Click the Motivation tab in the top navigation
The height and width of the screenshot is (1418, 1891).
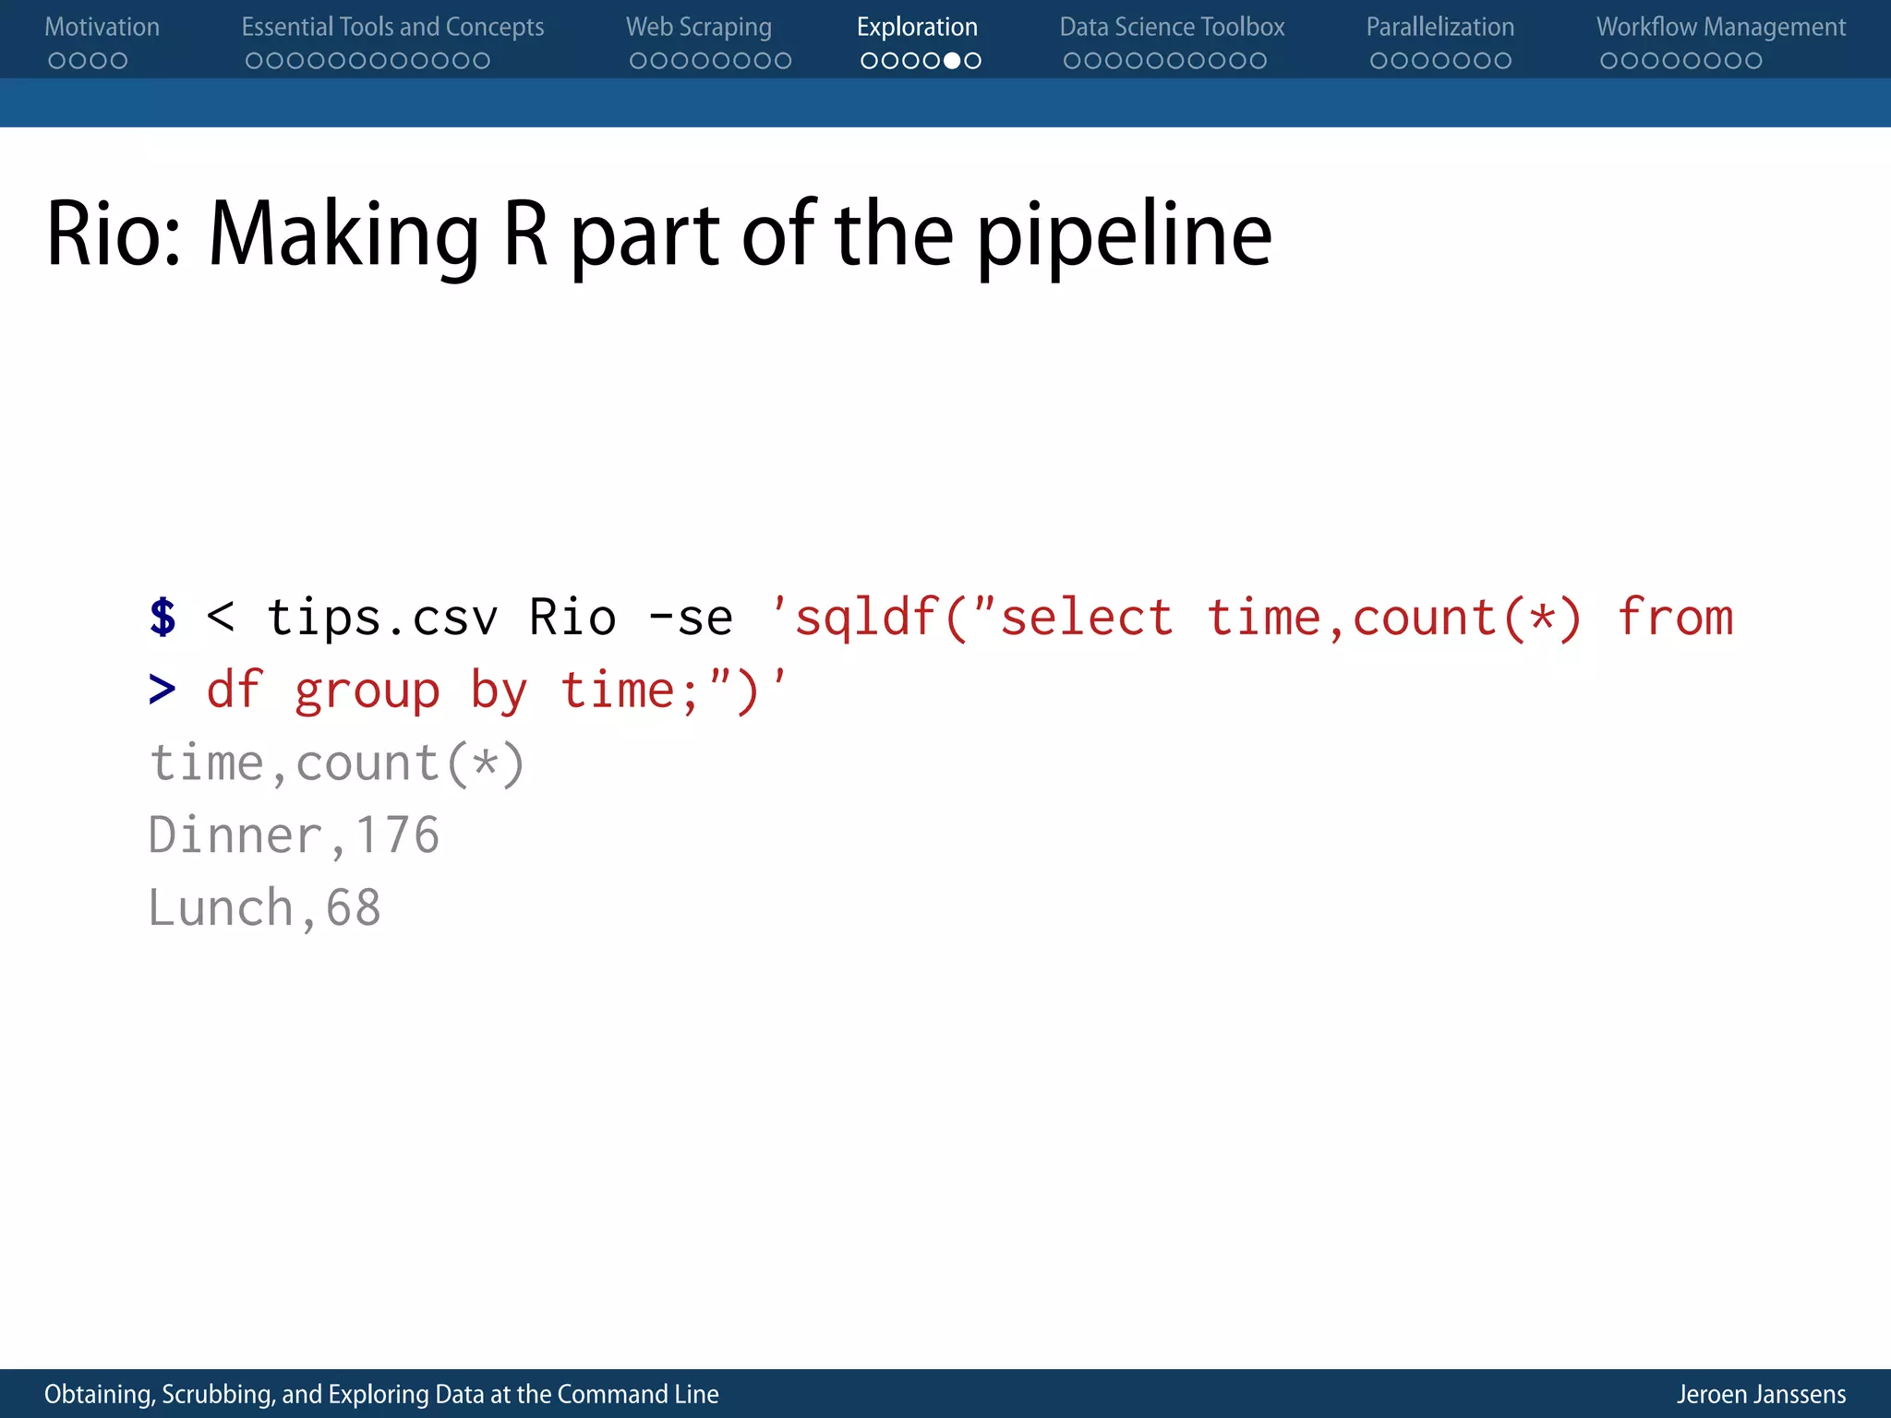(102, 27)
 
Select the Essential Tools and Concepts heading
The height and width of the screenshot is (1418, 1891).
(392, 27)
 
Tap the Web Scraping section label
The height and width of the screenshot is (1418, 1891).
(698, 27)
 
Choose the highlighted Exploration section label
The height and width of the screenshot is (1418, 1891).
(917, 27)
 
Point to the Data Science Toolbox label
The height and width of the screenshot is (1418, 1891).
(1172, 27)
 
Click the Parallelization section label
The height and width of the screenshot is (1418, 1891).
(1439, 27)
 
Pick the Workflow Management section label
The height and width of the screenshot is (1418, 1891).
(1721, 27)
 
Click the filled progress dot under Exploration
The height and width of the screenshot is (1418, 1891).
(952, 61)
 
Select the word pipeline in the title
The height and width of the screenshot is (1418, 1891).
(1124, 236)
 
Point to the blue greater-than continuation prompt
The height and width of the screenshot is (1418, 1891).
(162, 690)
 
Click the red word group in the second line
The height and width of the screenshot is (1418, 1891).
(367, 691)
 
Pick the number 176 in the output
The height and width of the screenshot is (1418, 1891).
(397, 835)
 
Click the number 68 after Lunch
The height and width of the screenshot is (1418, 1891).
(353, 907)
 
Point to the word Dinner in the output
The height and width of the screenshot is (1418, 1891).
(235, 835)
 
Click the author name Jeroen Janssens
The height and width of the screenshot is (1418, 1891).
(1761, 1394)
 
